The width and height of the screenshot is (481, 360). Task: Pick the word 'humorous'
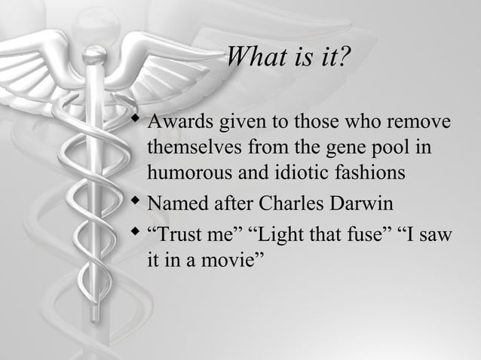click(x=185, y=172)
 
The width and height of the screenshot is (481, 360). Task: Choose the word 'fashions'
click(x=372, y=172)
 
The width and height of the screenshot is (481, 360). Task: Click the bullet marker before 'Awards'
click(x=134, y=121)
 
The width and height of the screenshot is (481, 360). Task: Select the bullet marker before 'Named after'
click(x=134, y=203)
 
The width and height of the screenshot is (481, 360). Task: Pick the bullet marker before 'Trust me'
click(x=134, y=235)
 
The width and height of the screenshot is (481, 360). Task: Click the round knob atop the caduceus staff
click(x=94, y=54)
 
